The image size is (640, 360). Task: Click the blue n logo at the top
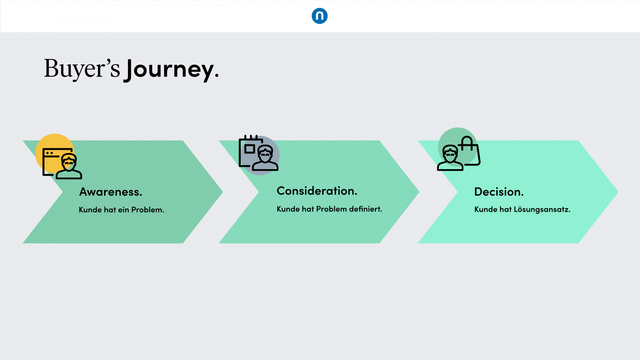(x=320, y=16)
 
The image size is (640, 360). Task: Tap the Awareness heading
(x=111, y=192)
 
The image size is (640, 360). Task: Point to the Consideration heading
(x=317, y=191)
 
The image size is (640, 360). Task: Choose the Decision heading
(x=499, y=192)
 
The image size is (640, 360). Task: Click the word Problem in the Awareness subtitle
(x=147, y=210)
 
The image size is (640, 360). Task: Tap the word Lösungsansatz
(x=541, y=209)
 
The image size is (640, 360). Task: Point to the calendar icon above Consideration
(x=249, y=149)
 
